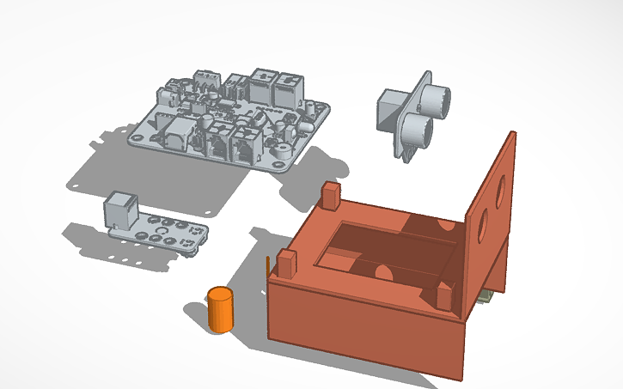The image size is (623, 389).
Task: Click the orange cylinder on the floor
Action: (221, 309)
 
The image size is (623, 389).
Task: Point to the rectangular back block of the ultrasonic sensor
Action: (389, 112)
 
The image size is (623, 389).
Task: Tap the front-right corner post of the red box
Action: (444, 296)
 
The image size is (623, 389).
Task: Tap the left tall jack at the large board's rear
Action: (261, 84)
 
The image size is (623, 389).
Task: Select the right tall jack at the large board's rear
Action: (285, 87)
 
